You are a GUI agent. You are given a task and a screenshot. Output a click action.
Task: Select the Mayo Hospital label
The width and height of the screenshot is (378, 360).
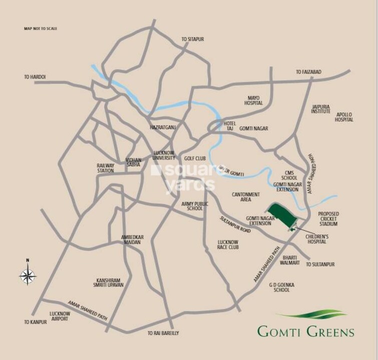coord(254,100)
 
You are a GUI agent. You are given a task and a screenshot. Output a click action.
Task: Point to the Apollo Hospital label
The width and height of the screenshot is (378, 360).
coord(344,117)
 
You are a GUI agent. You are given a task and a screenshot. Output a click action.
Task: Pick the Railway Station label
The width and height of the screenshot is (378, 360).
coord(106,168)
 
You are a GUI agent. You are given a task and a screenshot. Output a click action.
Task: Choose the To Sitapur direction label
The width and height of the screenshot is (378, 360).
coord(193,39)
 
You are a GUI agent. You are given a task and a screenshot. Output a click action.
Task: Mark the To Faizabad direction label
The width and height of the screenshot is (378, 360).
coord(308,72)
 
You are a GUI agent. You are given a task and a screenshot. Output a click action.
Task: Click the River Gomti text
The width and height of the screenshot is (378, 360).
coord(231,170)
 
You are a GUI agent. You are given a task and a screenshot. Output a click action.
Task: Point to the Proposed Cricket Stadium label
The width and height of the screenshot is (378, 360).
coord(328,218)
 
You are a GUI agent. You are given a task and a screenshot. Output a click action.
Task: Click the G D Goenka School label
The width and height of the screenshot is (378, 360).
coord(282,287)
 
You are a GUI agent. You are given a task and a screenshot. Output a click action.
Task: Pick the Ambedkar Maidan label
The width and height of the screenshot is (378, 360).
coord(131,239)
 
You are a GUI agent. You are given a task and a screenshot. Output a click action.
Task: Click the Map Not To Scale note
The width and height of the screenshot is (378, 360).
coord(41,28)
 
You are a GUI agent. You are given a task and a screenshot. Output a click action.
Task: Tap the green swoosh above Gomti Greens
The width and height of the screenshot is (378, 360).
coord(311,315)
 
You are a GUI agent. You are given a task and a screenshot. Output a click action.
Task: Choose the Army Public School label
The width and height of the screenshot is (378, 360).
coord(192,206)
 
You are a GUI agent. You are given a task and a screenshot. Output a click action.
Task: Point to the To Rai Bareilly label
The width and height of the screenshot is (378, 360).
coord(163,332)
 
